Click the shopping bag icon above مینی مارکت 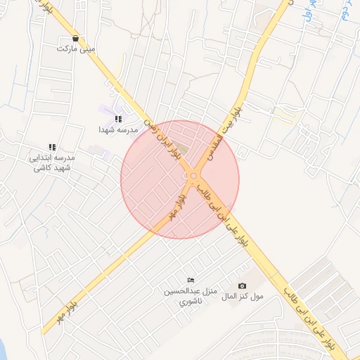pos(75,39)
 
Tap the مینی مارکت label pos(76,49)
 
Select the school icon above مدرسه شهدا pos(118,119)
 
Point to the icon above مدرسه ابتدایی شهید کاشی pos(52,147)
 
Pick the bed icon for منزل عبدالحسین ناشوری pos(190,281)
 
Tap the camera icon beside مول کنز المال pos(242,285)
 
